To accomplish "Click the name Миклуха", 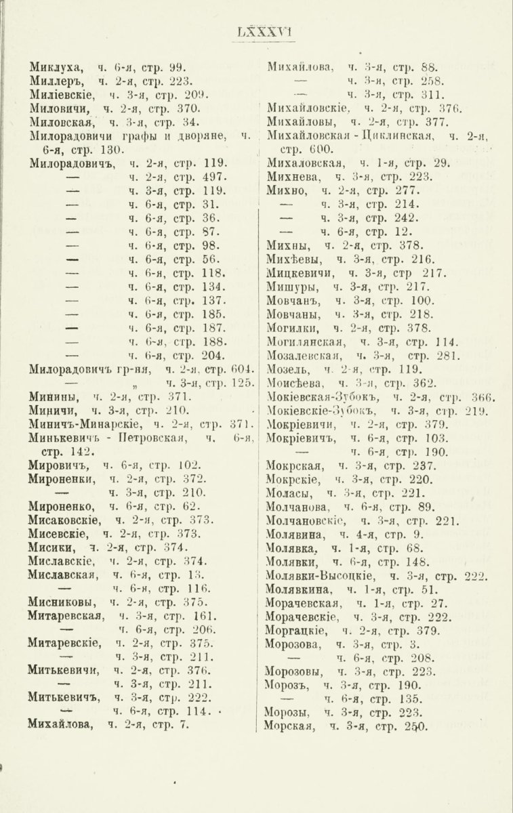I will pos(56,67).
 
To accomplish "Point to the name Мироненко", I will pos(62,505).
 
